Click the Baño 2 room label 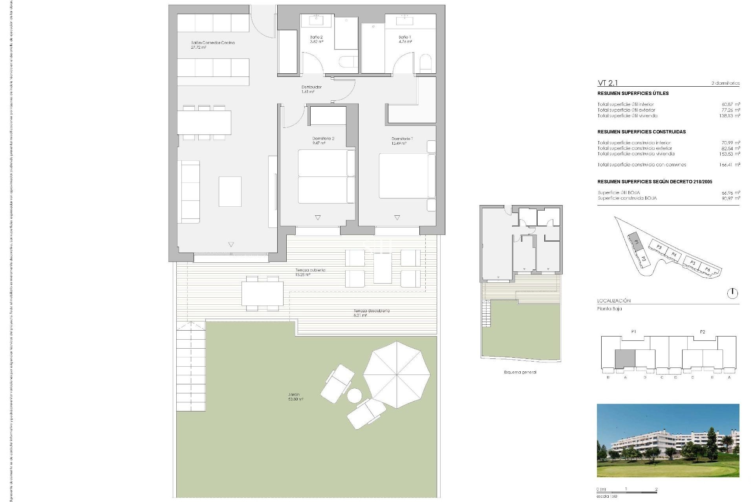[317, 39]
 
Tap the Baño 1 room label [405, 39]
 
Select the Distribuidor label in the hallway [311, 89]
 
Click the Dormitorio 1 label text [402, 140]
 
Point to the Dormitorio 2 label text [323, 140]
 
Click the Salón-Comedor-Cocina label [212, 45]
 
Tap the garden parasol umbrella [397, 374]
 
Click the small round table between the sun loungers [355, 395]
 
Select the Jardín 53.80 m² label [295, 397]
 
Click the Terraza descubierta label [372, 313]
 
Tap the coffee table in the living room [230, 191]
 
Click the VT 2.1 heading [608, 83]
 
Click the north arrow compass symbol [732, 293]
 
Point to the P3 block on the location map [659, 247]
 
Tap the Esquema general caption [520, 372]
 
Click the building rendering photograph [668, 440]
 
